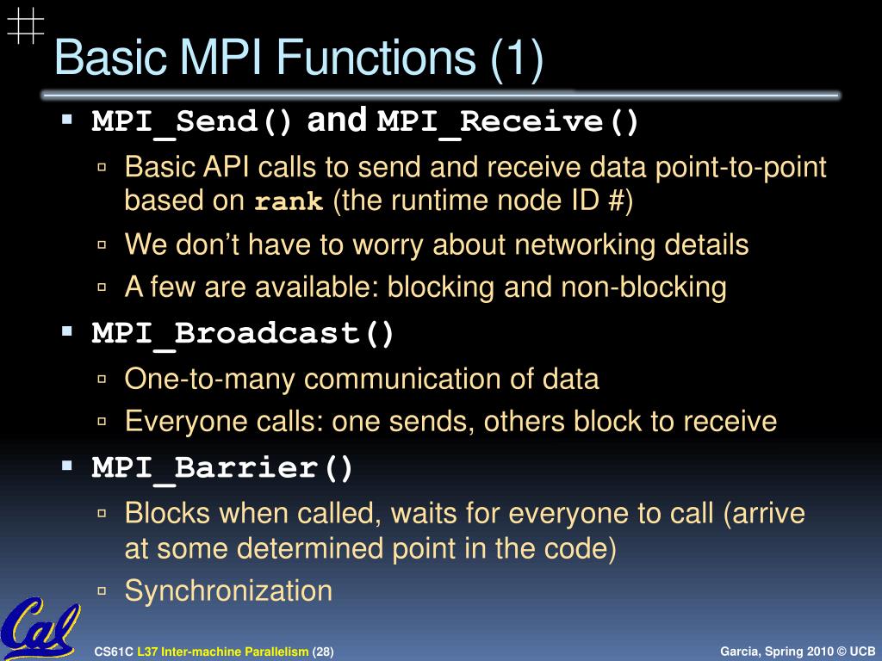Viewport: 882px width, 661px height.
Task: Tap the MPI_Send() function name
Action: pos(193,122)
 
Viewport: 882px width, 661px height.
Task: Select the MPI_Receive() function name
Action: pos(509,122)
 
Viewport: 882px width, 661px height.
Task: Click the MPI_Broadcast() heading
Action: pos(244,334)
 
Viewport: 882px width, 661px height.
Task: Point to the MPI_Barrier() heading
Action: pos(223,468)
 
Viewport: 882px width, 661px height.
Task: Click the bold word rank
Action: pos(289,203)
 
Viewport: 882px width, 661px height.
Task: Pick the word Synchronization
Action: pos(228,590)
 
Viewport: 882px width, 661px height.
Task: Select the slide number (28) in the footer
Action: pos(323,652)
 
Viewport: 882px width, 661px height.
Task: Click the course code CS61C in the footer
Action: pos(114,652)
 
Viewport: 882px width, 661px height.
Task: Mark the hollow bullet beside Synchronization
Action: pos(102,591)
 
